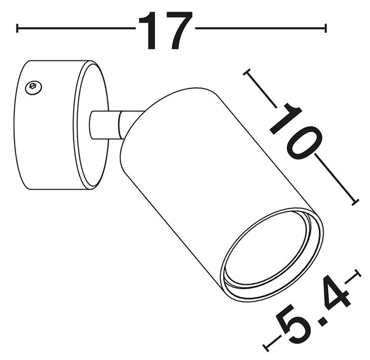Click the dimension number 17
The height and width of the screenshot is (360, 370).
(166, 30)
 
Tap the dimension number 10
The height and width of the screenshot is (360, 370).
(295, 131)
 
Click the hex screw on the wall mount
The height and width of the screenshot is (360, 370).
(34, 88)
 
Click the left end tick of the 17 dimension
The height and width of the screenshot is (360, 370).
(17, 28)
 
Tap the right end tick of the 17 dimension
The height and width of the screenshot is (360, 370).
(326, 28)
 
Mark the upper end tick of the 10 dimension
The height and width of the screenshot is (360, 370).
(247, 72)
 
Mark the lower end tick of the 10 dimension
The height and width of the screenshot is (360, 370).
(355, 202)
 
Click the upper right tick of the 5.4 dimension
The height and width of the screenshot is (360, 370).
(358, 274)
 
